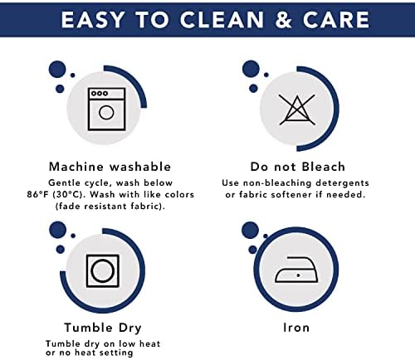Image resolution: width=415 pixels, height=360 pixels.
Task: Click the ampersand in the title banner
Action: tap(284, 20)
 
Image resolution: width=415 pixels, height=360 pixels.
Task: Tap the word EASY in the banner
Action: tap(93, 20)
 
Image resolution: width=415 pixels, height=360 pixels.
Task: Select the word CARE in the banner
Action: tap(336, 20)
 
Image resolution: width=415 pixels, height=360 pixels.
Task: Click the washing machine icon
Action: tap(106, 109)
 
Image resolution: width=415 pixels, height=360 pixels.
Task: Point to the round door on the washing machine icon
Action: tap(106, 113)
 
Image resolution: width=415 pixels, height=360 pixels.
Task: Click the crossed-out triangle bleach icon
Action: tap(297, 109)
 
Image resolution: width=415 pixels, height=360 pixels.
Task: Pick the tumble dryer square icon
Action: tap(103, 271)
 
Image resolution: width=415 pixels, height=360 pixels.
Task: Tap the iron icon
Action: tap(296, 270)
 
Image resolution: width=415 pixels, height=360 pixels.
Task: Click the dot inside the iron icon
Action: tap(298, 275)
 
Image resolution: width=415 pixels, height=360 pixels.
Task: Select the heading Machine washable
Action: tap(110, 167)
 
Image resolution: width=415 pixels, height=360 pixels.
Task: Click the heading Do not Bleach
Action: tap(298, 167)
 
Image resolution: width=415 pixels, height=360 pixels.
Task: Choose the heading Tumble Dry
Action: tap(103, 328)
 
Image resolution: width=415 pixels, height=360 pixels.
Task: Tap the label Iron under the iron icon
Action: tap(296, 328)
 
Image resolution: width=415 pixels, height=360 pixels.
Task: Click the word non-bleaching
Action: tap(277, 183)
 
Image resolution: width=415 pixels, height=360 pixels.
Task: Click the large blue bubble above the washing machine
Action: tap(57, 70)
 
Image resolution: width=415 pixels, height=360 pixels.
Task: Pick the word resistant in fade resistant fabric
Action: tap(106, 207)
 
